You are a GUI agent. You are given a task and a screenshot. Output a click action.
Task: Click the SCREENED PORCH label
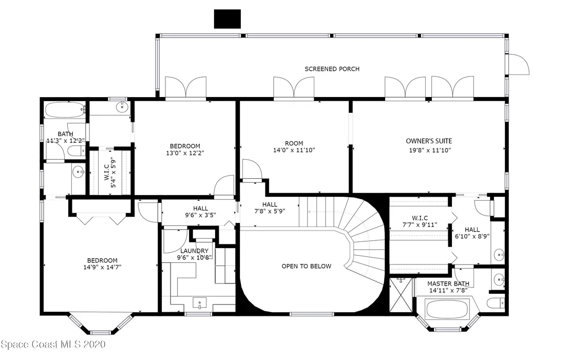coord(332,69)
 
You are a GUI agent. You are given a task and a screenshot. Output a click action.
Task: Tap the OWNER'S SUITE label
coord(429,141)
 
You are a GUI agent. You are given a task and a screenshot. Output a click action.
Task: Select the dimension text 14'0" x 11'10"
coord(294,150)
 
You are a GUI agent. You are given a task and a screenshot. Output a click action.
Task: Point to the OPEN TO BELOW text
coord(307,267)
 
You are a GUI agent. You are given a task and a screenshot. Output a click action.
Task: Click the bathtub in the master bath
coord(448,309)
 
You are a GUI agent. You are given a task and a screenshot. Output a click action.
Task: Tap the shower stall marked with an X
coord(401,295)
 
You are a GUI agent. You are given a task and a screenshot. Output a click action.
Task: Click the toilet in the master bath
coord(496,303)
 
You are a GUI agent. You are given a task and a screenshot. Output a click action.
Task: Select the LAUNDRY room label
coord(194,251)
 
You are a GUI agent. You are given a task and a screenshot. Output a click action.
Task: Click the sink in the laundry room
coord(200,303)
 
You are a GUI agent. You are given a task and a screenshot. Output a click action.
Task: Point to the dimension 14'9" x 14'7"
coord(102,268)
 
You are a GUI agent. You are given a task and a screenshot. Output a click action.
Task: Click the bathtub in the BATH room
coord(65,109)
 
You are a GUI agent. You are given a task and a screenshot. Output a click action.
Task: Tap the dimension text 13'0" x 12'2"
coord(185,153)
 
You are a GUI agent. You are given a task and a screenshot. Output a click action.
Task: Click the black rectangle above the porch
coord(227,19)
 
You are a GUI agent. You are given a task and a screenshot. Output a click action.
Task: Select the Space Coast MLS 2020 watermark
coord(53,344)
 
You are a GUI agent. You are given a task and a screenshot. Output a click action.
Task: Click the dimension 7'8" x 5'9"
coord(270,211)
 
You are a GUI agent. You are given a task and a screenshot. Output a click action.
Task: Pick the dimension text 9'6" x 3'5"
coord(200,215)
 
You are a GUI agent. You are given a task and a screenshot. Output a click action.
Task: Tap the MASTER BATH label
coord(448,284)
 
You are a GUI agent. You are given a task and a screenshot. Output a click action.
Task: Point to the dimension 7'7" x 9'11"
coord(420,225)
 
